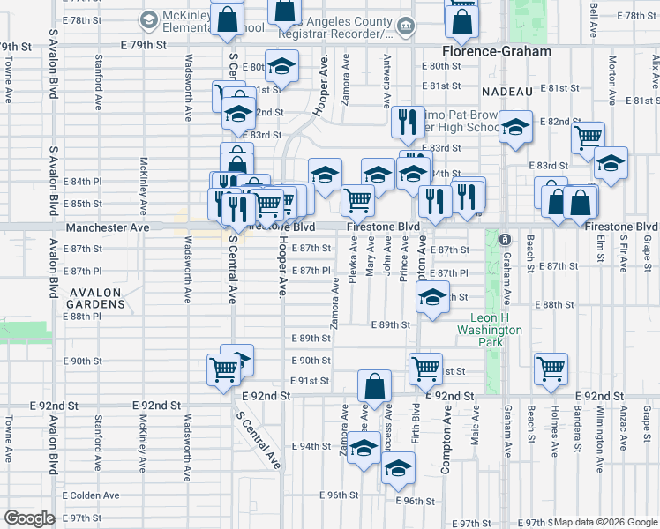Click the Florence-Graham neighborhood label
coord(497,52)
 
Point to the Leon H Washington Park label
coord(491,330)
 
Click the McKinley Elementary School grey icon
coord(148,19)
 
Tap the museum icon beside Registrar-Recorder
coord(406,26)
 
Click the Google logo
coord(29,518)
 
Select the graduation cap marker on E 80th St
coord(281,66)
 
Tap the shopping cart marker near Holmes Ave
coord(551,369)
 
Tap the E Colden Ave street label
coord(91,495)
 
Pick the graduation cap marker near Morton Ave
coord(610,162)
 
